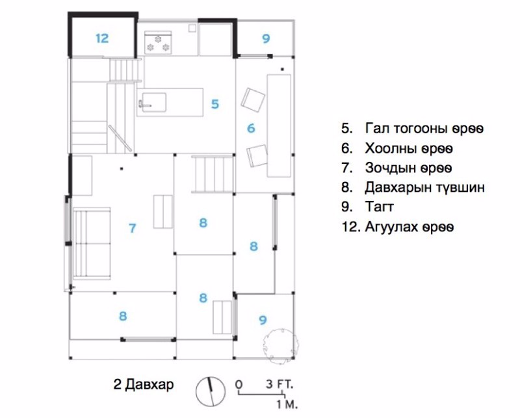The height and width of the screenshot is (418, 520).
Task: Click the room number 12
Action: [x=102, y=38]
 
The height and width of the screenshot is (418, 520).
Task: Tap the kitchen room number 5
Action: [x=215, y=104]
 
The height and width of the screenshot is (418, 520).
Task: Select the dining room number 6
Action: [x=251, y=128]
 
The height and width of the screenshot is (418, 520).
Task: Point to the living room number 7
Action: [x=133, y=228]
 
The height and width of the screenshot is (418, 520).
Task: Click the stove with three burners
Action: [x=158, y=42]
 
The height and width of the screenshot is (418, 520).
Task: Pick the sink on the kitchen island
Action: [x=154, y=103]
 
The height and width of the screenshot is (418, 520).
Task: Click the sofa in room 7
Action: [x=92, y=244]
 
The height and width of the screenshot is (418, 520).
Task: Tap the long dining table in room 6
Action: [x=279, y=125]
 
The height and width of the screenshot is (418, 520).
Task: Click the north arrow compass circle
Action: [x=210, y=391]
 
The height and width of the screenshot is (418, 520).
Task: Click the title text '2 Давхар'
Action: [x=144, y=385]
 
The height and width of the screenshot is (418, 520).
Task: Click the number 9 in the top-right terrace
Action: [x=266, y=38]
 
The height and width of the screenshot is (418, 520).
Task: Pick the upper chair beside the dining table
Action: [x=253, y=99]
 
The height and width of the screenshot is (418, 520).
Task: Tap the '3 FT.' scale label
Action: [x=279, y=384]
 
